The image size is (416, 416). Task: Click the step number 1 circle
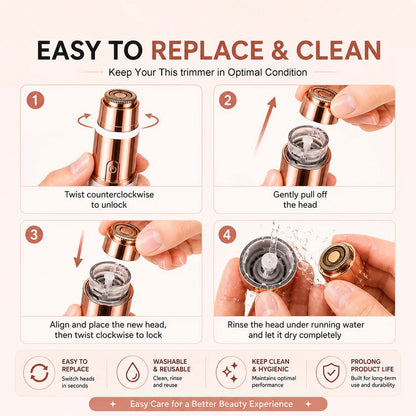[x=35, y=100]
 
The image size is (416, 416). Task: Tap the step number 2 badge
[x=228, y=100]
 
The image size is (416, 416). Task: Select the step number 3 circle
[x=34, y=235]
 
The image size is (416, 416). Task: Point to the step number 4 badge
[x=227, y=235]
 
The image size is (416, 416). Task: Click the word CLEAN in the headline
[x=338, y=50]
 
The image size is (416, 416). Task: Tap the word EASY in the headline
[x=69, y=50]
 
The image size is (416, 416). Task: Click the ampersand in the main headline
[x=279, y=50]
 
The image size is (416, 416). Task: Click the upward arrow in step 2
[x=266, y=124]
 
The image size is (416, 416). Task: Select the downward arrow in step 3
[x=80, y=249]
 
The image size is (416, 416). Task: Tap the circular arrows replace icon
[x=39, y=373]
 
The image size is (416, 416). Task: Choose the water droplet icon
[x=132, y=372]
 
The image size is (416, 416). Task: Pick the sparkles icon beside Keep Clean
[x=230, y=372]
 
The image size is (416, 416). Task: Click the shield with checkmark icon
[x=331, y=372]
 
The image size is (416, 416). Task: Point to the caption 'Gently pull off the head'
[x=300, y=199]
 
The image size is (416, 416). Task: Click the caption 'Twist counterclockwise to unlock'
[x=109, y=199]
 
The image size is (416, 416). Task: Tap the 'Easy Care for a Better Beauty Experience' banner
[x=208, y=404]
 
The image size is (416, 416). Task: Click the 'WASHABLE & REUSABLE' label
[x=172, y=365]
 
